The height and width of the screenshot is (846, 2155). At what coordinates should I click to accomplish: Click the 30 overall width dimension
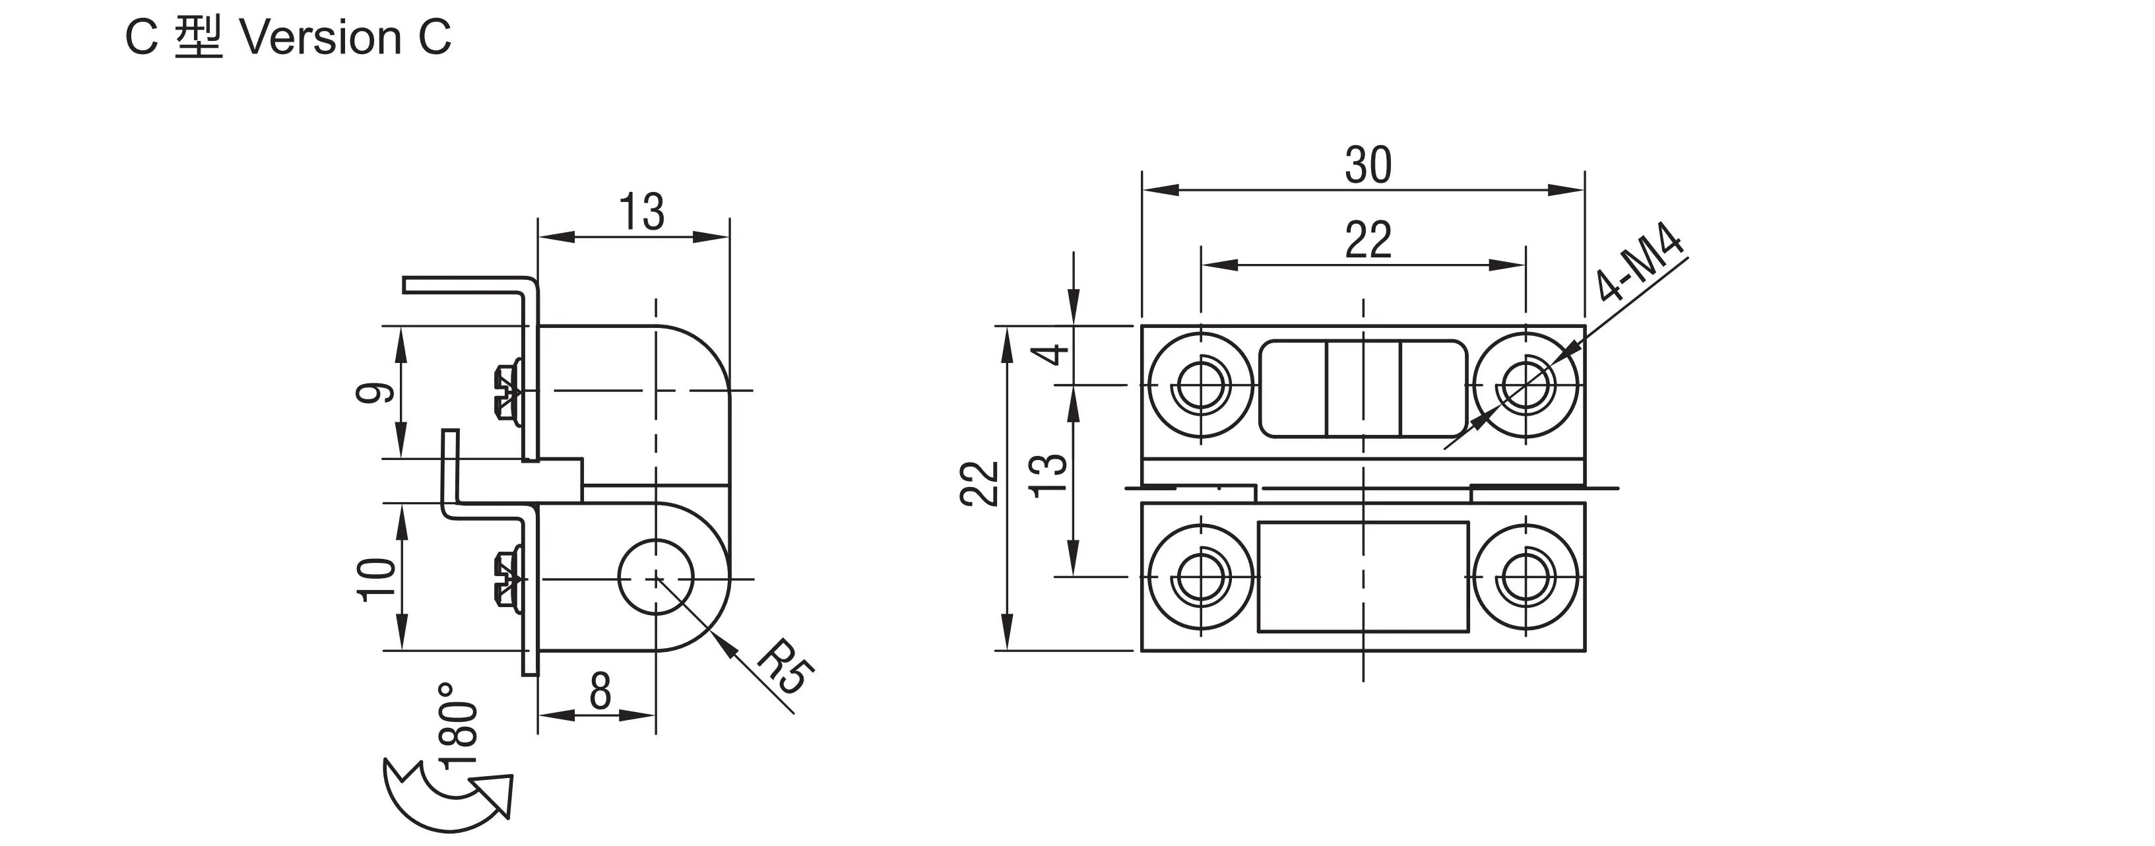[1368, 165]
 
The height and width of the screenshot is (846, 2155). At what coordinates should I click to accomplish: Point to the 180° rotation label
[459, 723]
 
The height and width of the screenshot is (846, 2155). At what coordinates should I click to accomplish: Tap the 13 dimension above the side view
[641, 212]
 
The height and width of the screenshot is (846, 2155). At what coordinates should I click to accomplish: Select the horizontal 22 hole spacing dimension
[1368, 240]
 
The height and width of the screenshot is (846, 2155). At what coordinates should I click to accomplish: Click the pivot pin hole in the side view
[656, 577]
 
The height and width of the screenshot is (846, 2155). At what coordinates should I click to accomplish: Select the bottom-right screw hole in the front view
[1526, 577]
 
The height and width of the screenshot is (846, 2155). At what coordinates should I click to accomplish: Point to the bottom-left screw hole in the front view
[1202, 577]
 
